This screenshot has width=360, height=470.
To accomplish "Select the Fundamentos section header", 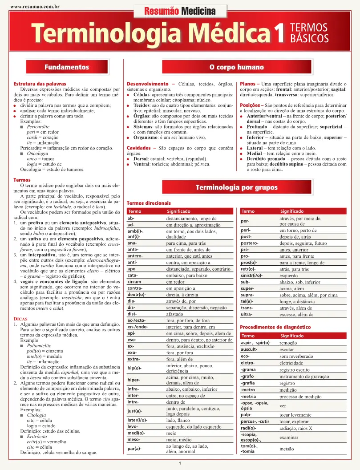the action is [x=67, y=67].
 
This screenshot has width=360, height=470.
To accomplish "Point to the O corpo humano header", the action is [x=236, y=67].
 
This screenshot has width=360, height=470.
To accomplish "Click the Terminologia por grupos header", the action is [x=236, y=187].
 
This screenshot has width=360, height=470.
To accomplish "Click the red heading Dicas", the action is [x=22, y=319].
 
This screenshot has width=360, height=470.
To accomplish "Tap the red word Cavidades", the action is [x=139, y=148].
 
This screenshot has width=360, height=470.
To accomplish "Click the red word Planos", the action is [x=248, y=84].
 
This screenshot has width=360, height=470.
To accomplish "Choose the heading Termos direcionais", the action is [x=149, y=203].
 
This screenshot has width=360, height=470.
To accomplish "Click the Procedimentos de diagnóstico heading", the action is [x=275, y=327].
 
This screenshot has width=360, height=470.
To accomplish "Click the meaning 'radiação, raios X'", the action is [x=296, y=428].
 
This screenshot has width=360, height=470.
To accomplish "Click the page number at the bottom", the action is [x=180, y=464].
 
